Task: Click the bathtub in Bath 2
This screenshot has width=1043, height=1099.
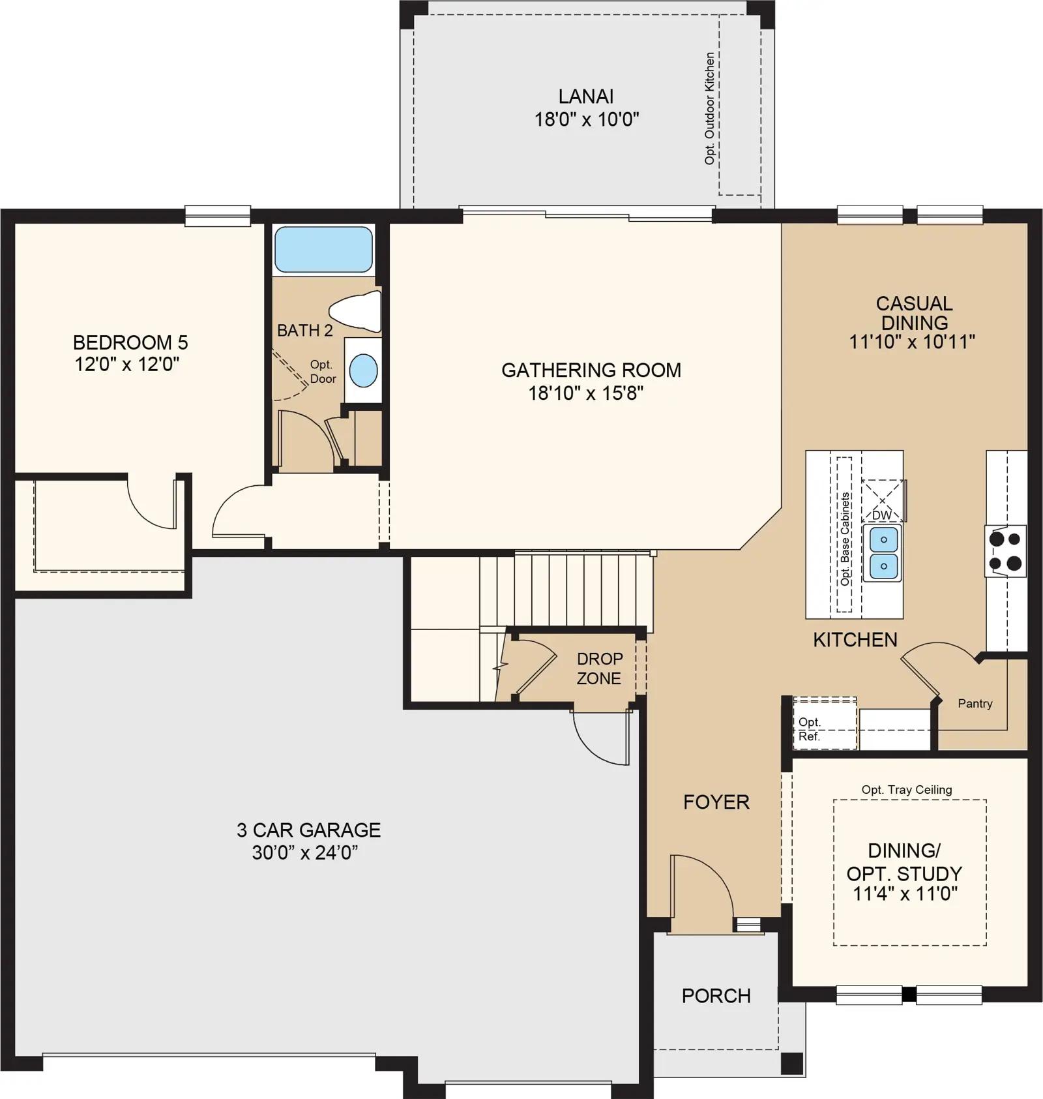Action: coord(323,249)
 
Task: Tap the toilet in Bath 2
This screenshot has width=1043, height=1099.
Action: coord(356,312)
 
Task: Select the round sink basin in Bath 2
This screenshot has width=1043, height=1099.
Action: coord(363,370)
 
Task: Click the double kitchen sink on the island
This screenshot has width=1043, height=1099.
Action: coord(883,553)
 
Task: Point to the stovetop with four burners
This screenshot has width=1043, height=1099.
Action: coord(1006,551)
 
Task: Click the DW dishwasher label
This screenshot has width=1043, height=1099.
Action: coord(881,515)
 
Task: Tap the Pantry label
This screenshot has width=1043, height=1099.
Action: coord(975,703)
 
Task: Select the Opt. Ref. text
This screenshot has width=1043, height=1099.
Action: coord(810,729)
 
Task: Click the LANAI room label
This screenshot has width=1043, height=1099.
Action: coord(586,97)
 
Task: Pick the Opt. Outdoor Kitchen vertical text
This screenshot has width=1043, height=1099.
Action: coord(710,108)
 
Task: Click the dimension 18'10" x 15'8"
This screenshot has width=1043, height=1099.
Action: coord(586,393)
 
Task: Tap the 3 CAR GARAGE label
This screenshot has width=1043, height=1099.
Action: coord(308,830)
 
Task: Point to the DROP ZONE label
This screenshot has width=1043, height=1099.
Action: coord(599,669)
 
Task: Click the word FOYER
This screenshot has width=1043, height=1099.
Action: coord(716,802)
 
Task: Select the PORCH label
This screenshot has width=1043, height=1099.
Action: coord(716,996)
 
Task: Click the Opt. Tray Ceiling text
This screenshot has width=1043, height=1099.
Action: coord(907,790)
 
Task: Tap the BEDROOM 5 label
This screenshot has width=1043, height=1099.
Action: coord(130,342)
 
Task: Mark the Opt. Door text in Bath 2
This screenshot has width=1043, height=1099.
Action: coord(323,372)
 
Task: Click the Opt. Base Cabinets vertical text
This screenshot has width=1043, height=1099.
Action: coord(845,539)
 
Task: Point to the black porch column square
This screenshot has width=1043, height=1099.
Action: coord(791,1064)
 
